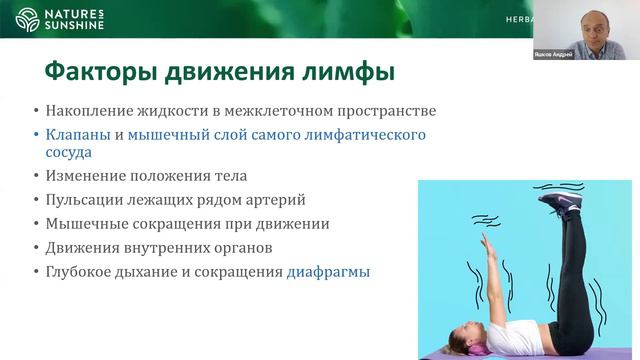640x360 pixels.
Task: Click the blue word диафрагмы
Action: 328,270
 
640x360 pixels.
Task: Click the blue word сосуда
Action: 68,153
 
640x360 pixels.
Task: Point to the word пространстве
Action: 390,111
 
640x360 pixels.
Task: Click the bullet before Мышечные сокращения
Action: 35,225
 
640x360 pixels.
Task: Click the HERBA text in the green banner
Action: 514,20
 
